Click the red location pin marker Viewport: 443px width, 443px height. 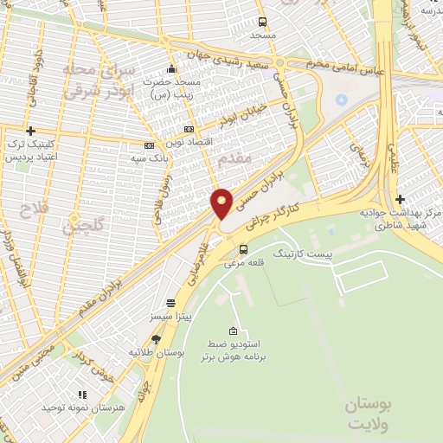[x=221, y=203]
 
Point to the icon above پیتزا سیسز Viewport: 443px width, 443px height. [x=170, y=304]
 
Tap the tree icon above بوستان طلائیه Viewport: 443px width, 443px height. [x=156, y=339]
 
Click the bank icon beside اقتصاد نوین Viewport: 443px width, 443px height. [x=189, y=128]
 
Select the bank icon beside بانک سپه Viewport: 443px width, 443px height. [x=149, y=145]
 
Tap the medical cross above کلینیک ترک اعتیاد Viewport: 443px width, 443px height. [x=30, y=131]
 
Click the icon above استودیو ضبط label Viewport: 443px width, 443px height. [x=233, y=331]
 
